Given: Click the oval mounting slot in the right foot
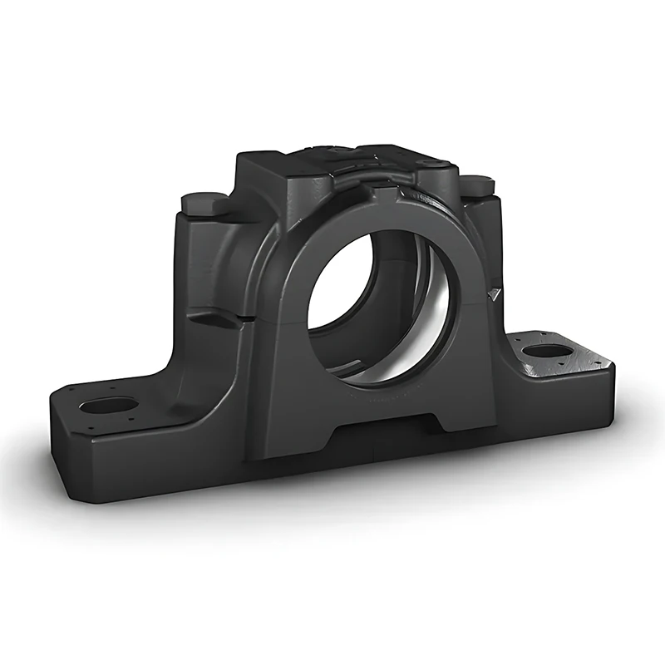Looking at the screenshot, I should [x=547, y=350].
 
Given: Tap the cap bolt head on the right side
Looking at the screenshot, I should [x=477, y=185].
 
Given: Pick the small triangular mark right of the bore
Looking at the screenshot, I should [x=495, y=292].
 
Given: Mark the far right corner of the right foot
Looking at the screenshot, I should [x=613, y=359].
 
